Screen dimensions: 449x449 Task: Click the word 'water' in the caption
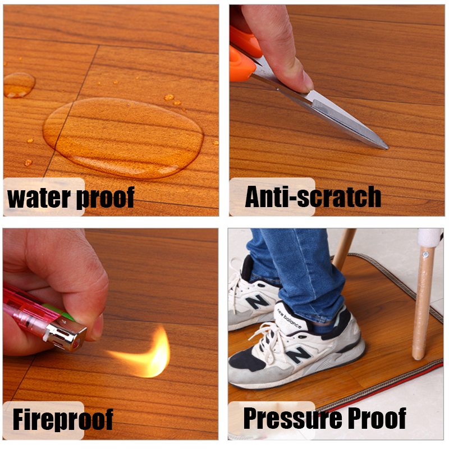[39, 198]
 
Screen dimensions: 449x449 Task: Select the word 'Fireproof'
[63, 419]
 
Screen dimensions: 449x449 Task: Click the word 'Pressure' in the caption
[292, 418]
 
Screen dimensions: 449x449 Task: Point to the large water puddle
[123, 138]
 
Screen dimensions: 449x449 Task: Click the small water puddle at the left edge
[19, 85]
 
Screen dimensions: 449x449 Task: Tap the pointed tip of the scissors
[387, 148]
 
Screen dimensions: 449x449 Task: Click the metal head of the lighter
[66, 335]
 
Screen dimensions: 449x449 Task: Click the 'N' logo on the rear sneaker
[258, 302]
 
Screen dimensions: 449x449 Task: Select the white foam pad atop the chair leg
[430, 237]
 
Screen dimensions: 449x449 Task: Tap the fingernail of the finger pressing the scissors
[308, 83]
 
